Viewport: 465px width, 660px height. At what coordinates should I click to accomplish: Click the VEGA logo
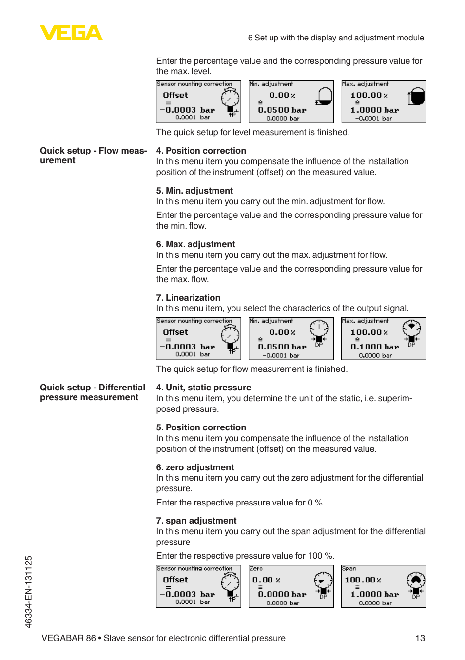(x=71, y=33)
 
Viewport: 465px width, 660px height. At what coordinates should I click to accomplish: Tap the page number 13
(x=420, y=638)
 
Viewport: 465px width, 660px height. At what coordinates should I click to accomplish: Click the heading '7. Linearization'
(x=188, y=298)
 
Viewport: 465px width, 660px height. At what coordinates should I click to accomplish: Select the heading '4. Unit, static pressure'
(x=203, y=388)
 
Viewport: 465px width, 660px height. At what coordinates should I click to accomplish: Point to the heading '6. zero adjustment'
(x=195, y=467)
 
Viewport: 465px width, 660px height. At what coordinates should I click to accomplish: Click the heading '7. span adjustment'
(x=196, y=521)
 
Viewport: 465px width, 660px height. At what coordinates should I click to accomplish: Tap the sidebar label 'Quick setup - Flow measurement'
(x=93, y=155)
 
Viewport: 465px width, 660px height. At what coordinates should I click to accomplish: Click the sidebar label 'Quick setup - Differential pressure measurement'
(x=92, y=392)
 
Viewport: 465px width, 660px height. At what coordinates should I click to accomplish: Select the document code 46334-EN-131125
(x=29, y=592)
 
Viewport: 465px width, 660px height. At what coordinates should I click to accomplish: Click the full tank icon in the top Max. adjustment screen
(x=416, y=97)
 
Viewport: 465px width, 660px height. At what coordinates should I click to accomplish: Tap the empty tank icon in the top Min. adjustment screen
(x=324, y=97)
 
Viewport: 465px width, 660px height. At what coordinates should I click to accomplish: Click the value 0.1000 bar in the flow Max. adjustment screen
(x=374, y=347)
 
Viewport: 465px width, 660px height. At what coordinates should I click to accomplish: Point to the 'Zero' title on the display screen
(x=256, y=569)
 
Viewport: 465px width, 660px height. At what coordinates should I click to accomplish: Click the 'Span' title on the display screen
(x=349, y=569)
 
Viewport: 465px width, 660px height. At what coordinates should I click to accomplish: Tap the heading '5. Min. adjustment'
(x=194, y=191)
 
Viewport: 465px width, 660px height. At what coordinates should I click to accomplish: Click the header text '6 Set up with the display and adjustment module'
(x=336, y=38)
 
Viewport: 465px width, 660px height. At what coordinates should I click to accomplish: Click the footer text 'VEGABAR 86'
(x=69, y=638)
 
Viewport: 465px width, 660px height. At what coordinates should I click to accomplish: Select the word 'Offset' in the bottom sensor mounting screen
(x=175, y=580)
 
